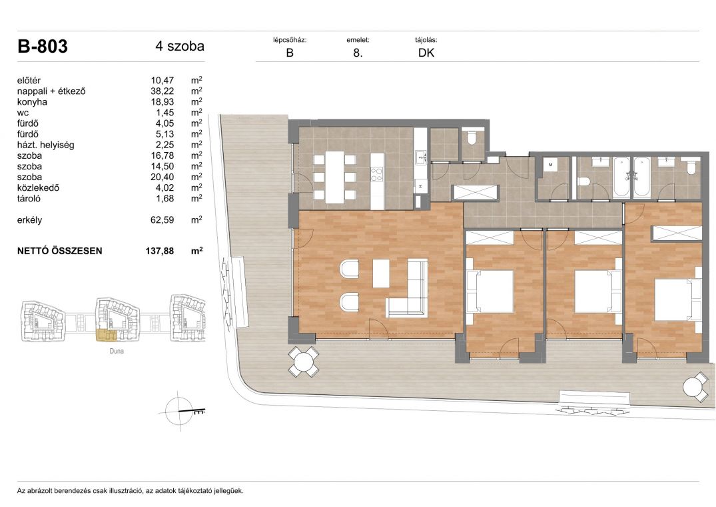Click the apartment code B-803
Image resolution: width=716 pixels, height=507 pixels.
tap(43, 46)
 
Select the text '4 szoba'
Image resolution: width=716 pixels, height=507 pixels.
tap(180, 46)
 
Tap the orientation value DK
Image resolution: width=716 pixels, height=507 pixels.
tap(426, 53)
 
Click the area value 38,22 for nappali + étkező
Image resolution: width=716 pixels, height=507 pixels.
tap(162, 91)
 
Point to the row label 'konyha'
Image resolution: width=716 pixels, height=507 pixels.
tap(32, 102)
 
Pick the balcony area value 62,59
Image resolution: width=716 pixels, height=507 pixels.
tap(162, 220)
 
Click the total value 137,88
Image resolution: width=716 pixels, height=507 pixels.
tap(159, 251)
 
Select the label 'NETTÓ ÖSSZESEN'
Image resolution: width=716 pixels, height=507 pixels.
tap(59, 251)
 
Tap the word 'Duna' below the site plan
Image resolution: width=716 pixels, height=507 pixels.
tap(117, 351)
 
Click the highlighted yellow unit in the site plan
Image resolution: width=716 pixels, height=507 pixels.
tap(106, 335)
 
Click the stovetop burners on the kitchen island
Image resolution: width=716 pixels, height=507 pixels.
tap(376, 174)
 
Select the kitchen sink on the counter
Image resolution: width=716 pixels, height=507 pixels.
tap(420, 157)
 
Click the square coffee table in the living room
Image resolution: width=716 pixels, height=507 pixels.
tap(381, 274)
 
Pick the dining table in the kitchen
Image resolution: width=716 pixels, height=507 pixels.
tap(335, 178)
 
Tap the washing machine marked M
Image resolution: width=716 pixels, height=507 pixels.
tap(551, 165)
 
